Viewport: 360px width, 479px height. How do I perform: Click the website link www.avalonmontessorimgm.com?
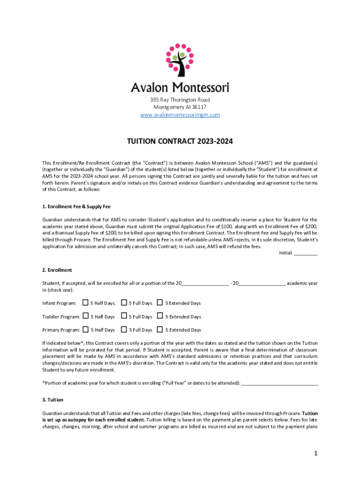[x=180, y=115]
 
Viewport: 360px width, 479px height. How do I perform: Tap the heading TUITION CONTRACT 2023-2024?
[x=180, y=141]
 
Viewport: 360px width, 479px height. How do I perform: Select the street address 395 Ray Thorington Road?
[x=180, y=100]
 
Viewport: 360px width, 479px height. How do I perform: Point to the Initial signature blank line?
[x=306, y=254]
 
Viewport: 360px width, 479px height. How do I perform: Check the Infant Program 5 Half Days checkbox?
[x=86, y=303]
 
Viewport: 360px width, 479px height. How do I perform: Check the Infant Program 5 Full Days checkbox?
[x=124, y=303]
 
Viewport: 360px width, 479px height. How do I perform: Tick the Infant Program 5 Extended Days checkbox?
[x=160, y=303]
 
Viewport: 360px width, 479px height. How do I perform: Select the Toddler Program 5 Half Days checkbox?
[x=86, y=316]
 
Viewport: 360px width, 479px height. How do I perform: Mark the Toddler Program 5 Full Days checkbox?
[x=124, y=316]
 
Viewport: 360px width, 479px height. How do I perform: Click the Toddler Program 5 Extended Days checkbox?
[x=160, y=316]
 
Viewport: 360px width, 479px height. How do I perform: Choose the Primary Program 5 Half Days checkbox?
[x=86, y=329]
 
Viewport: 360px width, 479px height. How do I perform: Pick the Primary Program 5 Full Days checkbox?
[x=124, y=329]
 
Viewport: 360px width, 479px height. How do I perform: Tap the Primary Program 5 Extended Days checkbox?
[x=160, y=329]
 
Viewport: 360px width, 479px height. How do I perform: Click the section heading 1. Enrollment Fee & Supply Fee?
[x=76, y=206]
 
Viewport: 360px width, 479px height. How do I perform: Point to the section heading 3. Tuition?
[x=53, y=400]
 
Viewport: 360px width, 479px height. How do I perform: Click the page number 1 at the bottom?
[x=316, y=453]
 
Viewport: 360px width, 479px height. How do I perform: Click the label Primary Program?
[x=61, y=330]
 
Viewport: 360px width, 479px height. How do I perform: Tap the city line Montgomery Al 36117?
[x=180, y=107]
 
